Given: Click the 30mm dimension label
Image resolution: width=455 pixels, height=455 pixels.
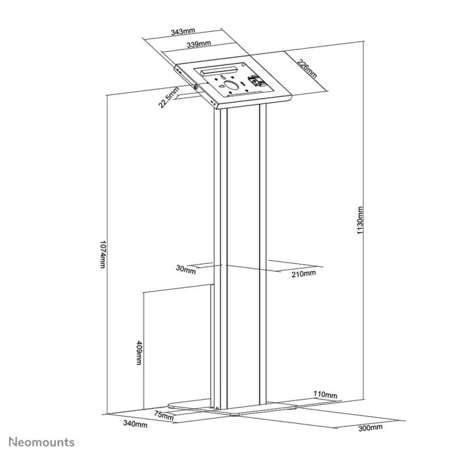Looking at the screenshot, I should [185, 270].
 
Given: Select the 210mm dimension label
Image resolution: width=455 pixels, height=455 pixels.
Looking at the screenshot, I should [303, 273].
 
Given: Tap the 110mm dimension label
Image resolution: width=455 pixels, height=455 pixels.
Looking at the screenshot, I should [325, 395].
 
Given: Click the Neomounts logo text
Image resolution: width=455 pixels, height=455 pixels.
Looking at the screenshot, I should [42, 442].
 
